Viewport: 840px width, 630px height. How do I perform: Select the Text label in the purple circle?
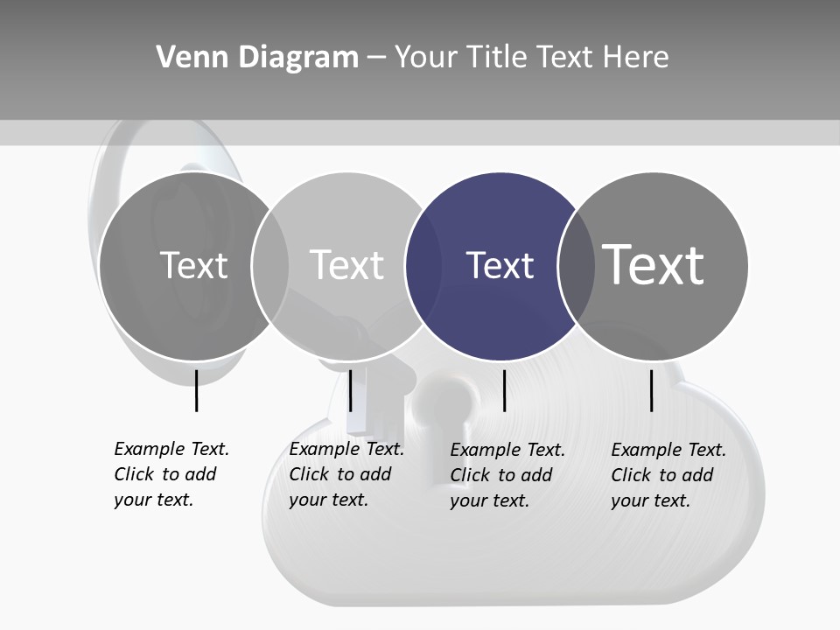[500, 265]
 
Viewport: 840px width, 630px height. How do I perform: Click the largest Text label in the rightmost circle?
[654, 264]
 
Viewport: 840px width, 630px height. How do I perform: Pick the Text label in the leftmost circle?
[193, 265]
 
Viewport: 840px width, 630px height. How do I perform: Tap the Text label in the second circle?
[346, 265]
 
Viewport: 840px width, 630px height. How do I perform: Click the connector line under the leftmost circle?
[196, 390]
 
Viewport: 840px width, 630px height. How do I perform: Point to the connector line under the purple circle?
[505, 390]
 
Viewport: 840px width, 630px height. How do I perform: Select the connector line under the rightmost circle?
[652, 390]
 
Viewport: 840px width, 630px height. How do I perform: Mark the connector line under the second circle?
[350, 390]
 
